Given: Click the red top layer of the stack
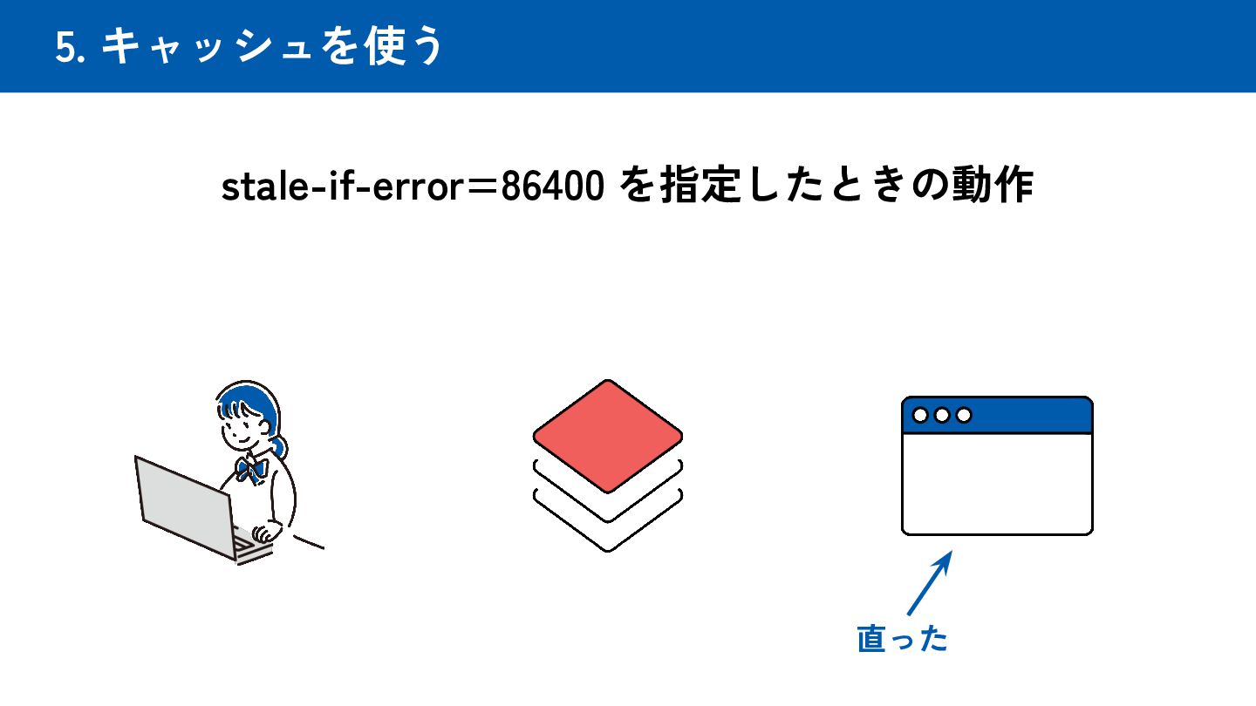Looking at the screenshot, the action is (607, 435).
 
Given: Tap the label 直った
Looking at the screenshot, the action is (902, 639).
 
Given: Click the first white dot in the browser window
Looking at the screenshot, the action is (920, 415).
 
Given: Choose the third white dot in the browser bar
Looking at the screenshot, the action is (963, 415).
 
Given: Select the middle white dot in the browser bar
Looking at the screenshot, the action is (942, 415).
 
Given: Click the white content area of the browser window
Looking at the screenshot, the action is (996, 483).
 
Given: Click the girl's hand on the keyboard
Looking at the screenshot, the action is (262, 533).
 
